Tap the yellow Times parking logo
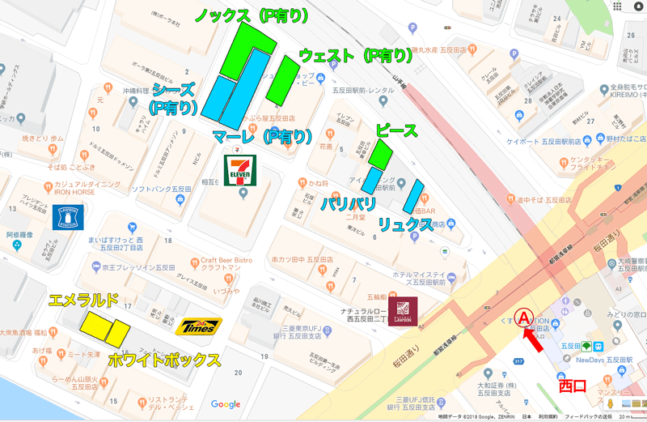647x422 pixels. pyautogui.click(x=199, y=326)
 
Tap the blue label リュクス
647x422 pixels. pyautogui.click(x=405, y=224)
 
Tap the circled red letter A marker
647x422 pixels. pyautogui.click(x=526, y=317)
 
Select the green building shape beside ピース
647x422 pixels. pyautogui.click(x=381, y=154)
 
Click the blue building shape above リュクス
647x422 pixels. pyautogui.click(x=413, y=197)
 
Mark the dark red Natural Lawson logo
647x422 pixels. pyautogui.click(x=402, y=309)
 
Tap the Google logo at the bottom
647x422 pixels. pyautogui.click(x=226, y=404)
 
